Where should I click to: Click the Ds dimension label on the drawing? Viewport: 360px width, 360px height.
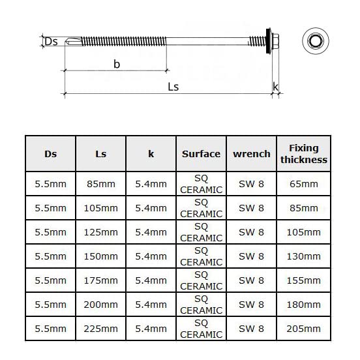click(x=51, y=42)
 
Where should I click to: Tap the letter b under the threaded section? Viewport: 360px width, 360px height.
click(x=117, y=64)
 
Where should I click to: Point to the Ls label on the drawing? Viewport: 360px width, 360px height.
click(x=173, y=87)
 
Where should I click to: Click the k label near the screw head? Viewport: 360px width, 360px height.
click(x=275, y=87)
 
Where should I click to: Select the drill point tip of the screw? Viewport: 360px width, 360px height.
click(x=66, y=42)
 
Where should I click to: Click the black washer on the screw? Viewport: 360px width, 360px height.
click(x=268, y=41)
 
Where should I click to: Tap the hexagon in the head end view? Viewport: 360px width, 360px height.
click(x=316, y=41)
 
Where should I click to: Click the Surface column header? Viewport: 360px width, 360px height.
click(x=201, y=154)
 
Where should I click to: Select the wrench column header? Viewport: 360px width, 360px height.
click(x=252, y=154)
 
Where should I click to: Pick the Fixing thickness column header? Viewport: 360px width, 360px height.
click(x=304, y=154)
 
